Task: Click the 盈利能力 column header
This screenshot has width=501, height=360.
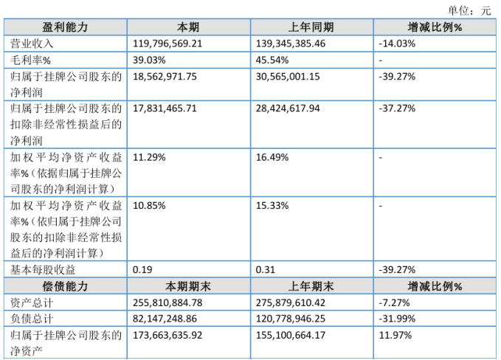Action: (65, 27)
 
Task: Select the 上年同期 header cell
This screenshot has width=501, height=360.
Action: (311, 27)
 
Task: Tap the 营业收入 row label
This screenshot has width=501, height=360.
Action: (32, 44)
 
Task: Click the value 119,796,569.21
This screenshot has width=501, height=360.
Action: (167, 44)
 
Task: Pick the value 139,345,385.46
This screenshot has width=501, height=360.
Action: (291, 44)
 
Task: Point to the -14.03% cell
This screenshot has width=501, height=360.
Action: (397, 44)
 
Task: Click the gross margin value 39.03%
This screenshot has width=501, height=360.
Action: (149, 60)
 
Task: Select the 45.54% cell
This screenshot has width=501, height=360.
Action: (272, 60)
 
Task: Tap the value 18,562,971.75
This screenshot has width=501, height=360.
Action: (165, 77)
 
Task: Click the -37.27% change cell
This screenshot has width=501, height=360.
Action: (397, 108)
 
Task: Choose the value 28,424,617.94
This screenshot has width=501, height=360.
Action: (288, 108)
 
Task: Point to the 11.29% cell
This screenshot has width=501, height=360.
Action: (149, 157)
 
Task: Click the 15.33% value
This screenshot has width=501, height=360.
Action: (272, 206)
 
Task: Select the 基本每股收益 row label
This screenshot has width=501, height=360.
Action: (43, 270)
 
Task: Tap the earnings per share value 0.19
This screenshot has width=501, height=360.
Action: (142, 270)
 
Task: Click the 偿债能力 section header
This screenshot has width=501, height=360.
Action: (65, 286)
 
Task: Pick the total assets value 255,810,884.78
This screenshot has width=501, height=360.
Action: (167, 302)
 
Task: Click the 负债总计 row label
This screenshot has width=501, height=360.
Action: (32, 319)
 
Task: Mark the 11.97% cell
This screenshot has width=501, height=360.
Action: (395, 336)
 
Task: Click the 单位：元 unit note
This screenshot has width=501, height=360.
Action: (469, 11)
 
